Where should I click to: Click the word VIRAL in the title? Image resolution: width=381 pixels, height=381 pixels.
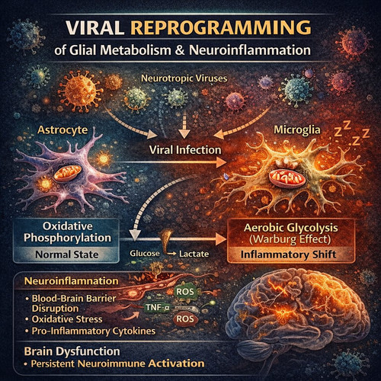coord(95,27)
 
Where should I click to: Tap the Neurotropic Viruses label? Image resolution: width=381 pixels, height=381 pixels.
coord(184,78)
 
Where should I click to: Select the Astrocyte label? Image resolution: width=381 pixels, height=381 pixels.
coord(62,130)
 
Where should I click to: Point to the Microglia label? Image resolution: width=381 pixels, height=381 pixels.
coord(297,130)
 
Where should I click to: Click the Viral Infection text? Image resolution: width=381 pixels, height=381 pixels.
coord(185,150)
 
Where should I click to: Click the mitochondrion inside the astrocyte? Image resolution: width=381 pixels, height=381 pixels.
coord(68,172)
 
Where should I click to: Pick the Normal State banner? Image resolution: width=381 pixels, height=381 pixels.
coord(67,255)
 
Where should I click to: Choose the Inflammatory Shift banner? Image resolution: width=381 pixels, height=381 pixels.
coord(289,255)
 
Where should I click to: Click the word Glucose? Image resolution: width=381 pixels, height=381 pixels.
coord(145,254)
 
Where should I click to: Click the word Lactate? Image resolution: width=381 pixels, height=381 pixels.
coord(194,254)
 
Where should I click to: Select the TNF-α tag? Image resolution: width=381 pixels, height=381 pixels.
coord(157,308)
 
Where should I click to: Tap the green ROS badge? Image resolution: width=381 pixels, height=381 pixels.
coord(185,292)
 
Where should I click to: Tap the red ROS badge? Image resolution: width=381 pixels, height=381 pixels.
coord(185,319)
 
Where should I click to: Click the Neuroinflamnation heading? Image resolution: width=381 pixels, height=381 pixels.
coord(72,281)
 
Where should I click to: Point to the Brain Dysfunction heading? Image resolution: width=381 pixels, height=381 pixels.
coord(72,351)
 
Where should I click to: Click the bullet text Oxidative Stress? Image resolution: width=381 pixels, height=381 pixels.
coord(67,319)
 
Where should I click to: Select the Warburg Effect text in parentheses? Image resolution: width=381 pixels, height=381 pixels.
coord(290,239)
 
